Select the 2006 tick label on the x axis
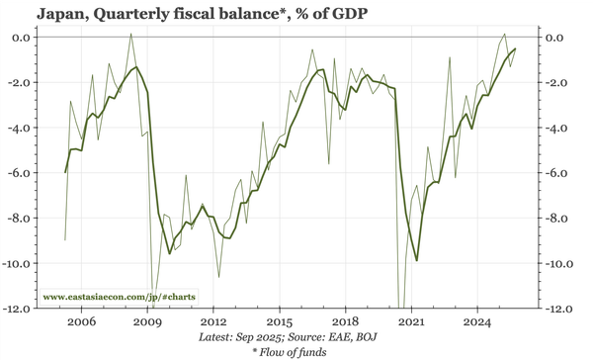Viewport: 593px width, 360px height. [x=81, y=322]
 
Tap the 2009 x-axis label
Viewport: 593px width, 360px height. [x=147, y=322]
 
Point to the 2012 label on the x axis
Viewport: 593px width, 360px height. [x=213, y=322]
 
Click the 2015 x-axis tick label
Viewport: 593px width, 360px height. [x=280, y=322]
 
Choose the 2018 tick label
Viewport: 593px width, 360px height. [x=346, y=322]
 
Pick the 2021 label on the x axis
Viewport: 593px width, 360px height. [x=412, y=322]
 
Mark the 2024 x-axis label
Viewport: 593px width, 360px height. [x=478, y=322]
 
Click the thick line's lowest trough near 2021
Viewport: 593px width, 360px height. [x=417, y=260]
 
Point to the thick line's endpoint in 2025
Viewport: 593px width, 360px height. [x=515, y=48]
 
